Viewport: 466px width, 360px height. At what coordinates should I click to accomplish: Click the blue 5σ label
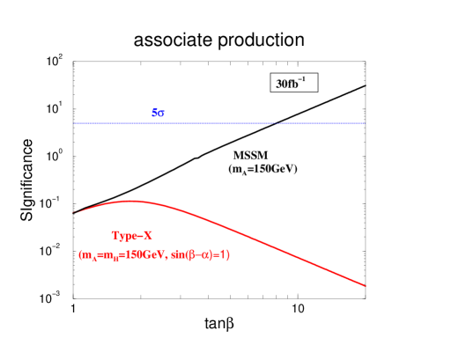pyautogui.click(x=159, y=113)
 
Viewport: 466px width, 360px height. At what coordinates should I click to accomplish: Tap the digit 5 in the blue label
pyautogui.click(x=155, y=113)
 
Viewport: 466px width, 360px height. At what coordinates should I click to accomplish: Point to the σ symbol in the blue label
pyautogui.click(x=162, y=114)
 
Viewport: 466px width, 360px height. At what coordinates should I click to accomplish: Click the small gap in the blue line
pyautogui.click(x=276, y=123)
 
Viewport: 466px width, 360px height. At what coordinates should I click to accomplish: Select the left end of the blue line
pyautogui.click(x=75, y=123)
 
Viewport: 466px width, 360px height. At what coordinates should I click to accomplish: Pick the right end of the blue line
pyautogui.click(x=365, y=123)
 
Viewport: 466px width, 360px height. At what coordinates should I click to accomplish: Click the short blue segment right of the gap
pyautogui.click(x=321, y=123)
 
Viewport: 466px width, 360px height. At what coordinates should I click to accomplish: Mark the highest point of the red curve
pyautogui.click(x=131, y=201)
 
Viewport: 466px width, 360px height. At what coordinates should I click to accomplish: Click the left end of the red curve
pyautogui.click(x=74, y=212)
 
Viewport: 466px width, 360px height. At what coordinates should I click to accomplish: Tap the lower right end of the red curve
pyautogui.click(x=365, y=285)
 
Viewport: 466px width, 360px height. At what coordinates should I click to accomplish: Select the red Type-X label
pyautogui.click(x=132, y=236)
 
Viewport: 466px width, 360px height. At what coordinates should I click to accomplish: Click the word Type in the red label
pyautogui.click(x=124, y=236)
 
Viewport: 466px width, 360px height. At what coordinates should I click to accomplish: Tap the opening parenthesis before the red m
pyautogui.click(x=80, y=255)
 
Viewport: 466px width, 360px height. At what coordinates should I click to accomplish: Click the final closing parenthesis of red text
pyautogui.click(x=228, y=255)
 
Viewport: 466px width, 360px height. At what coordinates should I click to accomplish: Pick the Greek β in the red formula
pyautogui.click(x=196, y=255)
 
